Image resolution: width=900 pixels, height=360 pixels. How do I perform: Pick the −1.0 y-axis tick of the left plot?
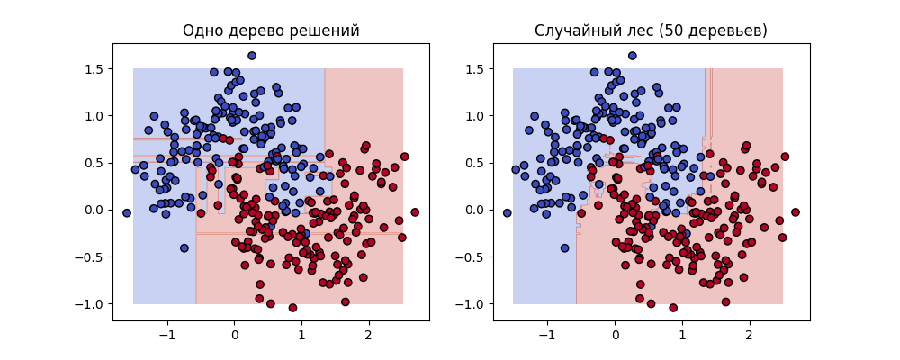[x=91, y=303]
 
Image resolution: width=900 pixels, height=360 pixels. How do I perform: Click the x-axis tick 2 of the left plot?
[x=368, y=335]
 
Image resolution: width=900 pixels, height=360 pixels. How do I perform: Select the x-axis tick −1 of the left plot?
[x=166, y=335]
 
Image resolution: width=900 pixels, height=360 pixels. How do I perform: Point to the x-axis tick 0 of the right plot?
[x=615, y=335]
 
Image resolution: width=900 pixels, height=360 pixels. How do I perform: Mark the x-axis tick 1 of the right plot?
[x=681, y=335]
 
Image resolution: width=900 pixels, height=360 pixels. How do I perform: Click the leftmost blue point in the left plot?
[x=127, y=213]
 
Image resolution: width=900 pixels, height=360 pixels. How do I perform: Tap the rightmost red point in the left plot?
[x=415, y=212]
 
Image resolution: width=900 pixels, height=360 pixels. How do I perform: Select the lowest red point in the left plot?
[x=292, y=308]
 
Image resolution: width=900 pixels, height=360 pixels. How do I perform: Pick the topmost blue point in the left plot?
[x=252, y=56]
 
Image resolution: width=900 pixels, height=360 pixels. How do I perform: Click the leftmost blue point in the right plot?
[x=507, y=213]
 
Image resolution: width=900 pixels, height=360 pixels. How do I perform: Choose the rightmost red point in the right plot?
[x=795, y=212]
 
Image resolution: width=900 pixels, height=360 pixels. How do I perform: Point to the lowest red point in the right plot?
[x=672, y=308]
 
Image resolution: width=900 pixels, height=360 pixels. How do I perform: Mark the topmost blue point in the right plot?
[x=632, y=56]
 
